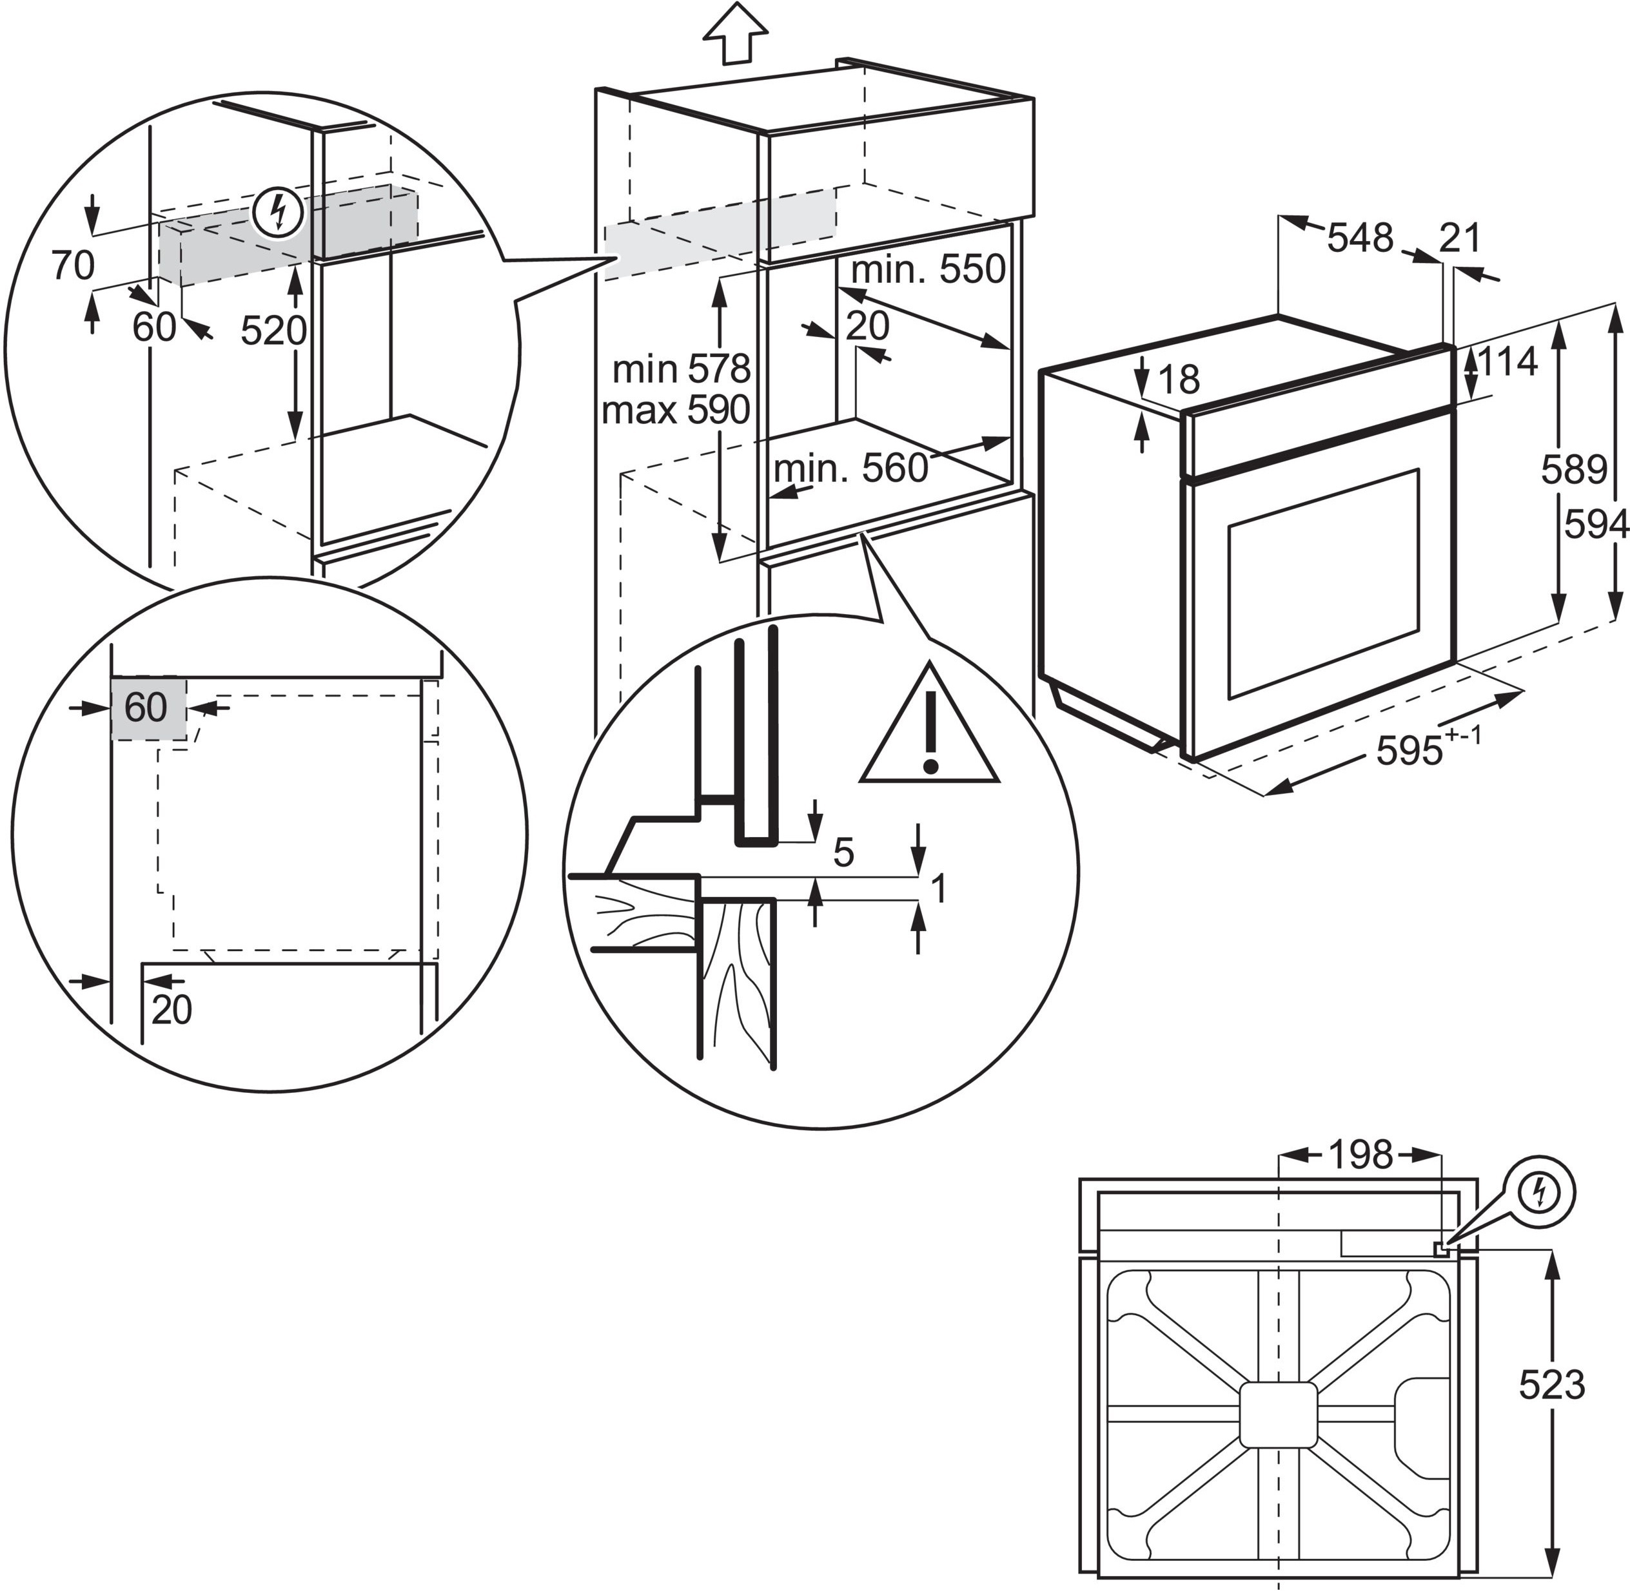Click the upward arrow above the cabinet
(x=735, y=33)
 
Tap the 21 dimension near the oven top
(x=1460, y=238)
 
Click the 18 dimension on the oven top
(x=1179, y=380)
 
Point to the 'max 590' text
(x=675, y=410)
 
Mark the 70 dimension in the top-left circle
(x=73, y=265)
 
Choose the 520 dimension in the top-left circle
(x=274, y=331)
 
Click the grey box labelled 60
(x=148, y=707)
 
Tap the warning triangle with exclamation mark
(x=930, y=724)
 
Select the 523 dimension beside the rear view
(x=1551, y=1385)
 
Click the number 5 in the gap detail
(x=843, y=853)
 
